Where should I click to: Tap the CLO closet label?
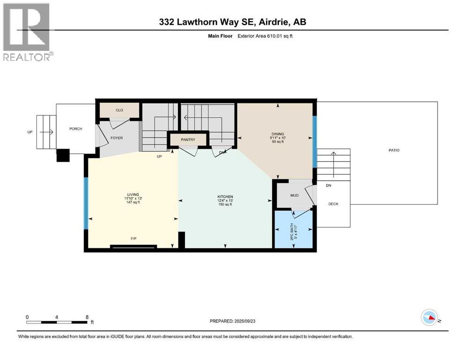pyautogui.click(x=119, y=110)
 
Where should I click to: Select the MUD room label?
pyautogui.click(x=294, y=195)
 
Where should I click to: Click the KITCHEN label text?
pyautogui.click(x=225, y=196)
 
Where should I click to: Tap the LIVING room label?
pyautogui.click(x=133, y=195)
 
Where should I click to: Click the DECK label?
pyautogui.click(x=333, y=204)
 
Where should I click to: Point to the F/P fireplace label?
pyautogui.click(x=133, y=239)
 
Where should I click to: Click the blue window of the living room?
pyautogui.click(x=86, y=203)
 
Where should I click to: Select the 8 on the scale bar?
pyautogui.click(x=87, y=317)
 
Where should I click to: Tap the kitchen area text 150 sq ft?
pyautogui.click(x=225, y=204)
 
